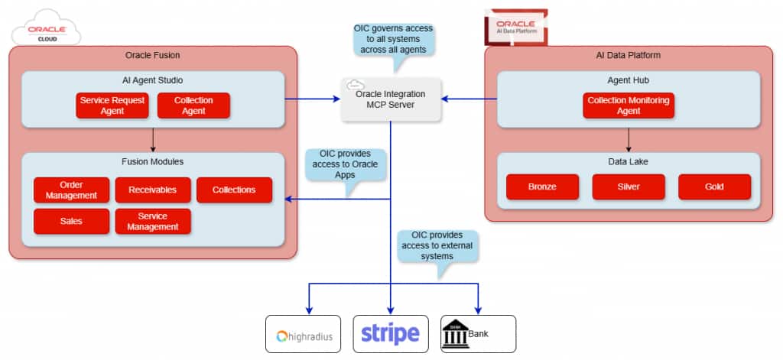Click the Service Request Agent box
tap(112, 105)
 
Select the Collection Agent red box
tap(193, 105)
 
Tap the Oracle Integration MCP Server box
tap(391, 99)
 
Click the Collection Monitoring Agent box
tap(629, 105)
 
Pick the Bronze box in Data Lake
tap(542, 186)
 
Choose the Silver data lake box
tap(629, 186)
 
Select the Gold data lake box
tap(714, 186)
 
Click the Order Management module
tap(71, 190)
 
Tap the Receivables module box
tap(153, 190)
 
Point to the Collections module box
tap(234, 190)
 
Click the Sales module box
tap(71, 221)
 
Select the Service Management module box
tap(153, 221)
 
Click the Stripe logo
tap(391, 333)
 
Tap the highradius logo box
tap(304, 334)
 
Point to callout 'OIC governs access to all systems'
tap(393, 38)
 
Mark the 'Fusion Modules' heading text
tap(153, 162)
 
